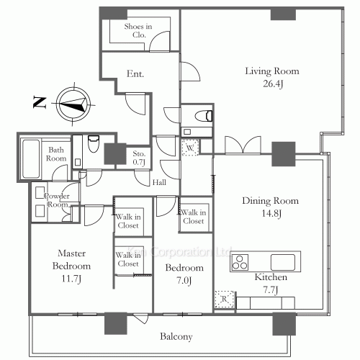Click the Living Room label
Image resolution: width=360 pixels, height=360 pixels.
point(272,71)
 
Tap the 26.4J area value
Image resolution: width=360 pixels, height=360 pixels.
point(273,84)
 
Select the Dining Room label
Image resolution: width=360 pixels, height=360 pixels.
point(270,201)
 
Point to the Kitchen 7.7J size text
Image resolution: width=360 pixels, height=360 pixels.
point(271,290)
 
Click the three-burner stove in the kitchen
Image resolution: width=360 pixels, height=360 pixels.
point(240,262)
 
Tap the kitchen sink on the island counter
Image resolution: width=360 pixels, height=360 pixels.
point(283,262)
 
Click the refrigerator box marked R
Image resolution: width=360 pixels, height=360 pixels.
point(224,299)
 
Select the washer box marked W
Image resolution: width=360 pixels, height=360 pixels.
point(190,148)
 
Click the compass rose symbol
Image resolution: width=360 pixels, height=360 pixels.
point(73,104)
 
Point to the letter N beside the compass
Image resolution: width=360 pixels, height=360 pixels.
point(40,102)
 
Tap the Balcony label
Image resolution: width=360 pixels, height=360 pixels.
point(176,336)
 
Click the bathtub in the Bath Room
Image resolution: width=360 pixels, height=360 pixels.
point(31,159)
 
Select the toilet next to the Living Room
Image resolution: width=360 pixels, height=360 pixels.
point(204,116)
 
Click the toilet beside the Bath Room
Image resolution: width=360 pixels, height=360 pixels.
point(94,144)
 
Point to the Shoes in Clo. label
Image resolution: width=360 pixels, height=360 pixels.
point(138,30)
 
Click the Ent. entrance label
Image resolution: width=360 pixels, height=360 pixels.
point(135,74)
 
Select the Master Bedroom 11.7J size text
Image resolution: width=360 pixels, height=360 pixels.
point(71,279)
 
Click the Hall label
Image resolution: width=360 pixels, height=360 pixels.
point(159,183)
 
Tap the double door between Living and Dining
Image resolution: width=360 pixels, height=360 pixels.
point(243,145)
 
